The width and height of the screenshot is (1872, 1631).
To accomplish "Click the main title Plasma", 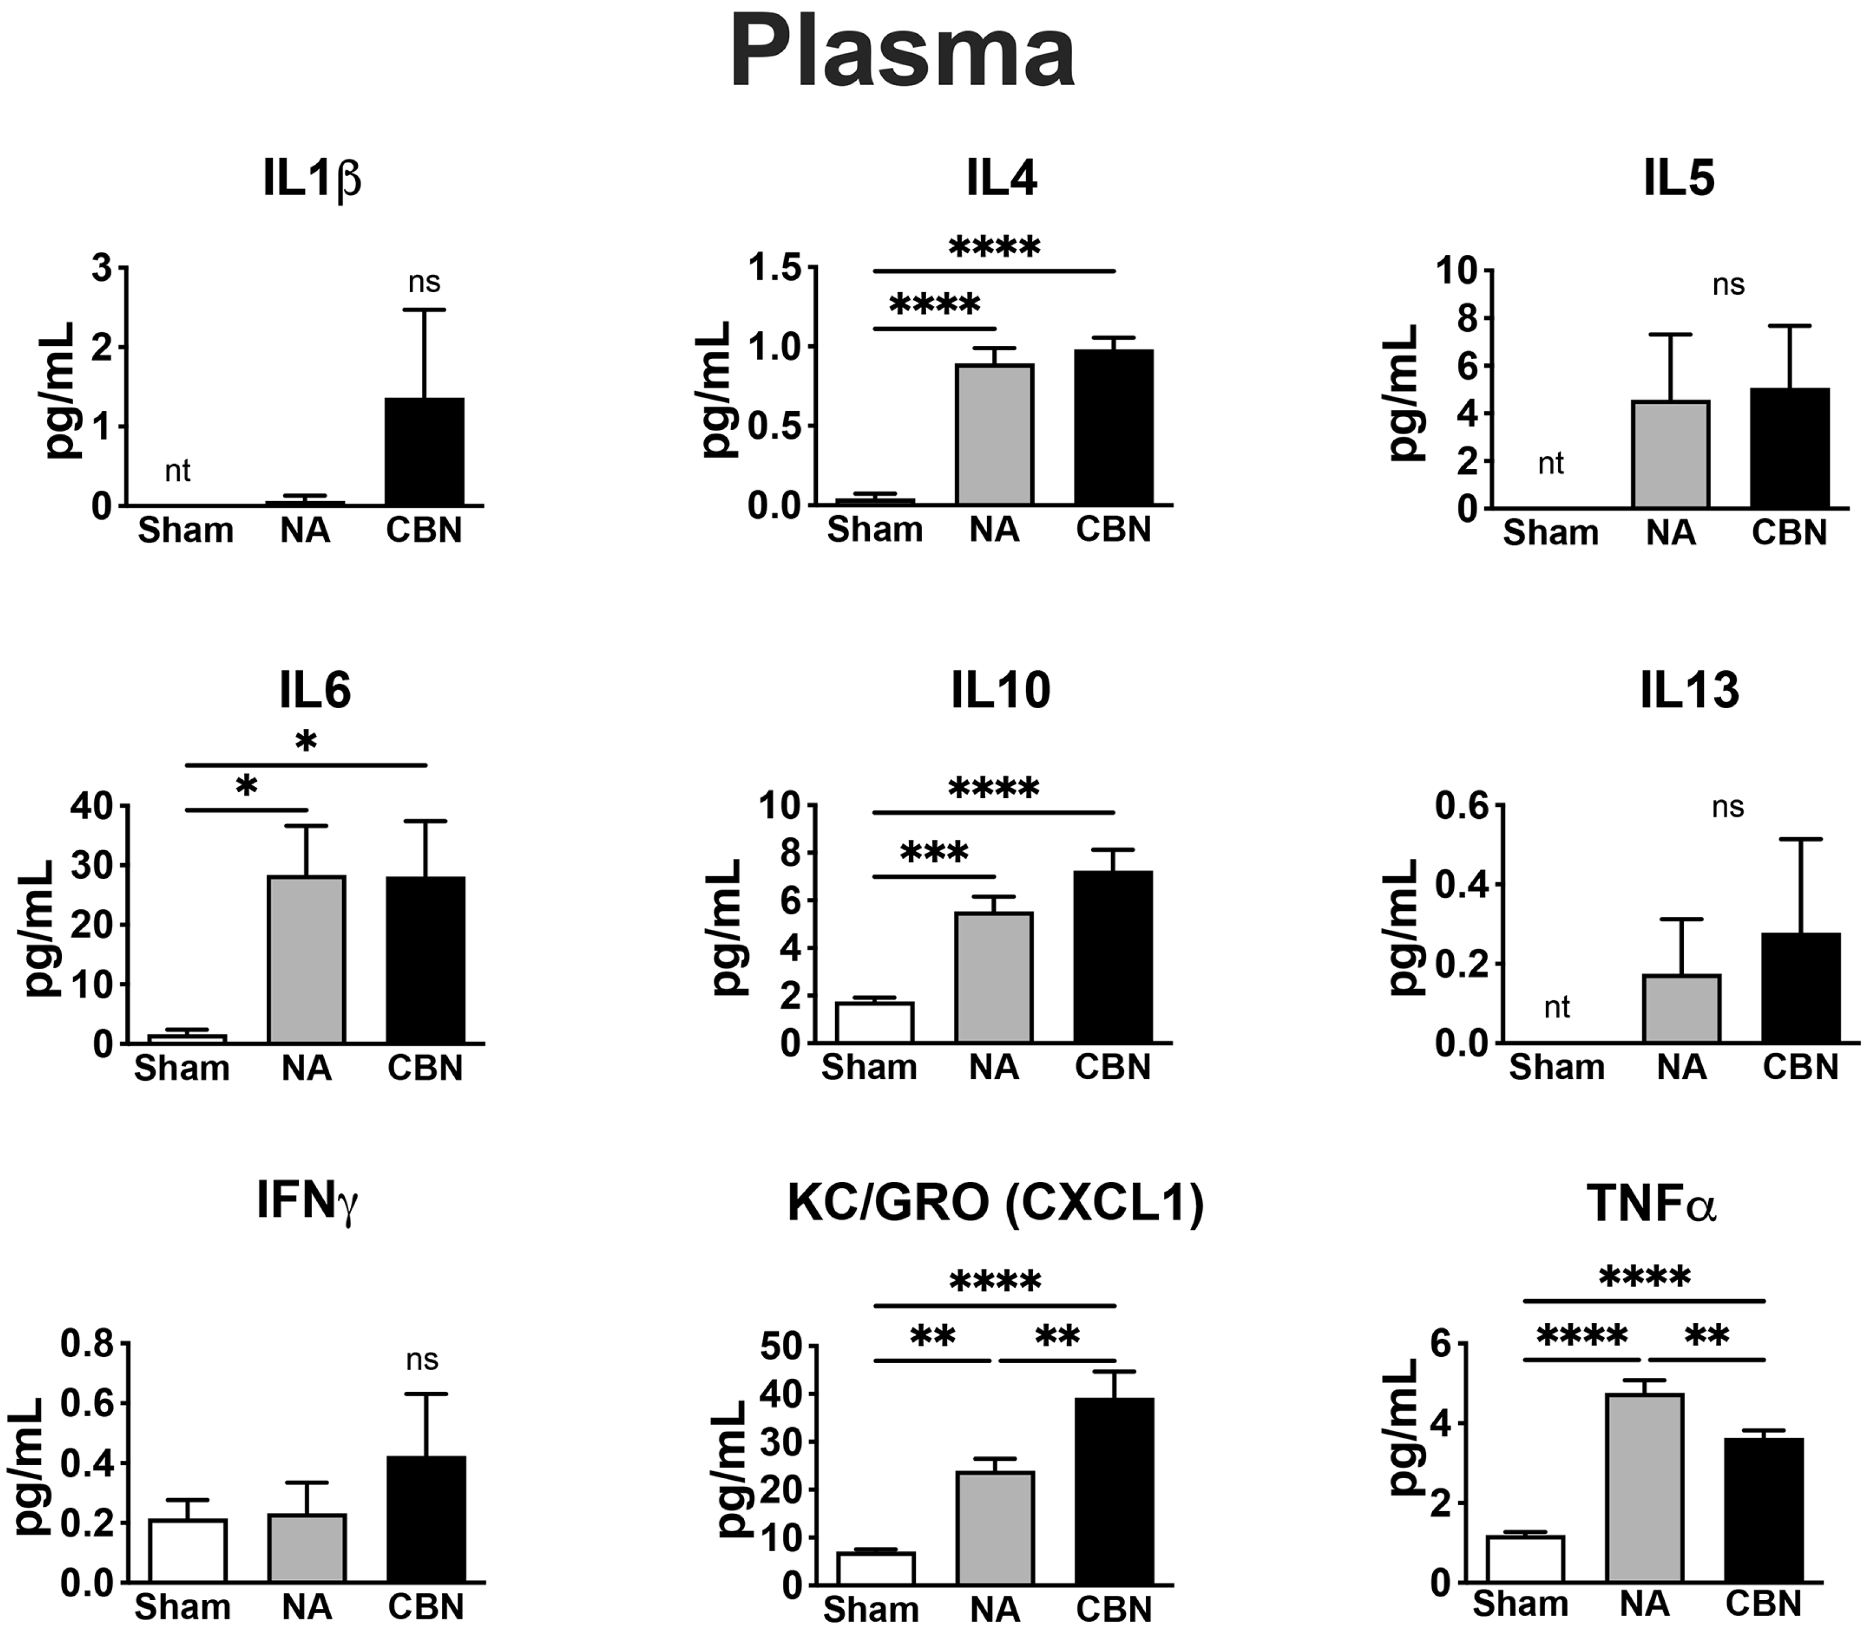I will click(x=903, y=55).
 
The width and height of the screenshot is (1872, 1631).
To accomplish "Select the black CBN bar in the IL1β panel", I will click(x=424, y=452).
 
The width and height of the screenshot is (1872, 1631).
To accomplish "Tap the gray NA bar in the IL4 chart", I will click(x=994, y=435).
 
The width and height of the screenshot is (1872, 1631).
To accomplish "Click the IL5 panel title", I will click(x=1679, y=179).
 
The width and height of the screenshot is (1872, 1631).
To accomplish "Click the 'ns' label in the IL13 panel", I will click(x=1727, y=806).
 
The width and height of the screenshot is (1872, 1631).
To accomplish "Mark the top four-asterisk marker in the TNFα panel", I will click(x=1644, y=1279).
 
